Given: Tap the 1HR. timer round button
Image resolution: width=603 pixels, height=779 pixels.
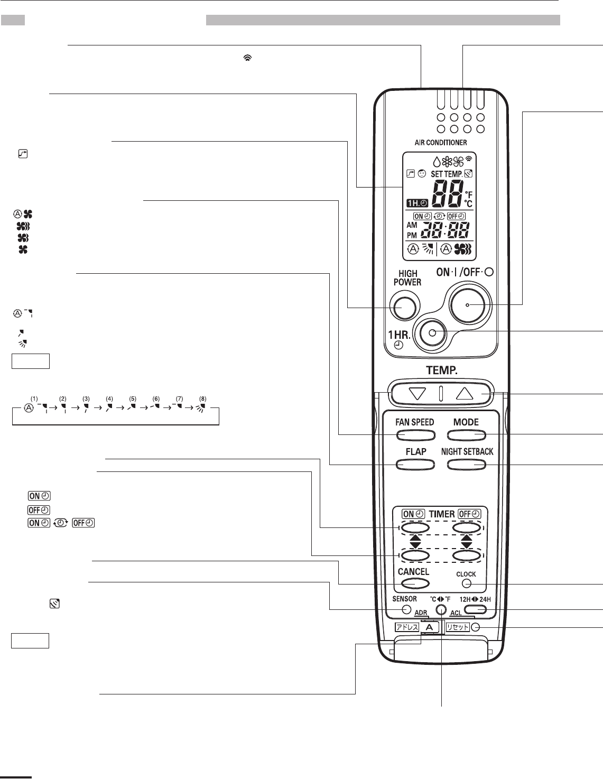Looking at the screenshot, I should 432,333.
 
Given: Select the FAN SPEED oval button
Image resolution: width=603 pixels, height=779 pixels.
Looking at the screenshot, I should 415,435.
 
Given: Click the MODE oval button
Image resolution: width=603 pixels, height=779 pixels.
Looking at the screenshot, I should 466,435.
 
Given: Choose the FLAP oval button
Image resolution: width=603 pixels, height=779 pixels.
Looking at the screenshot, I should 415,465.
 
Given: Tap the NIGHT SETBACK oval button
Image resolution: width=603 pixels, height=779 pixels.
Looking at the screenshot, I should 466,465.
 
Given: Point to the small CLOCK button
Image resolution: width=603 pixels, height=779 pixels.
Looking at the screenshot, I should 466,584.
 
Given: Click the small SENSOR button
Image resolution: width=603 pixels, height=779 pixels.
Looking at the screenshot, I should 406,609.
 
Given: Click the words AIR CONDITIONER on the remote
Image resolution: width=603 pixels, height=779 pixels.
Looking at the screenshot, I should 441,143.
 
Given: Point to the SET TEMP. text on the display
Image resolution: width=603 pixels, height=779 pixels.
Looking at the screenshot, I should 446,174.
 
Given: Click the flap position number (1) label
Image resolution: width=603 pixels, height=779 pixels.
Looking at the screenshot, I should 34,398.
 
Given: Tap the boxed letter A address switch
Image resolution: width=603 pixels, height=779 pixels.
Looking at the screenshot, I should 429,627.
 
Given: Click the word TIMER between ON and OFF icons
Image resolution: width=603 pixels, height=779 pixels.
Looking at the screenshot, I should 442,514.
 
